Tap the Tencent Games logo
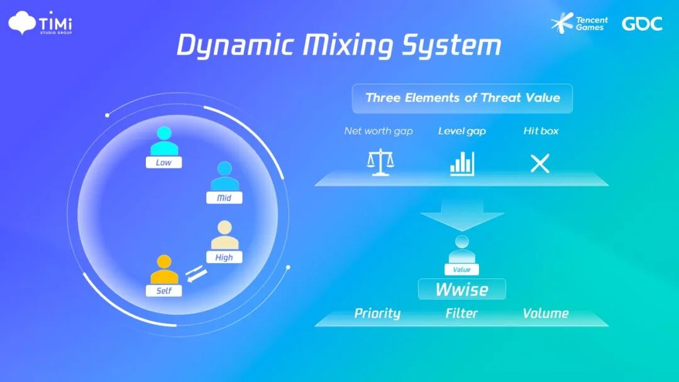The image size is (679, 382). click(x=579, y=24)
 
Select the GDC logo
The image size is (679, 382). click(x=642, y=24)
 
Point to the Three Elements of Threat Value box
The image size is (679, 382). click(x=462, y=98)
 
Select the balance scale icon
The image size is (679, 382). click(x=380, y=163)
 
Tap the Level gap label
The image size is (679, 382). click(x=462, y=131)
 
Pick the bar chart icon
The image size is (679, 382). click(x=462, y=163)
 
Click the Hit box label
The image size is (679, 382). click(x=541, y=131)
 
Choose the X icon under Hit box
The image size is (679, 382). click(x=540, y=163)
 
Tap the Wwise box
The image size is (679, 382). click(x=462, y=290)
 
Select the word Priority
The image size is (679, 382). click(x=377, y=313)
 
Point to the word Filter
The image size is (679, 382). click(x=462, y=313)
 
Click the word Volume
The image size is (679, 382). click(x=545, y=313)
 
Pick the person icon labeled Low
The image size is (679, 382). click(x=163, y=142)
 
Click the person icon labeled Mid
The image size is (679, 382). click(x=224, y=177)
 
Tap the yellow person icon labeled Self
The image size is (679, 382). click(x=164, y=270)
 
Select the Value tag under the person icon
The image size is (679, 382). click(x=462, y=270)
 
